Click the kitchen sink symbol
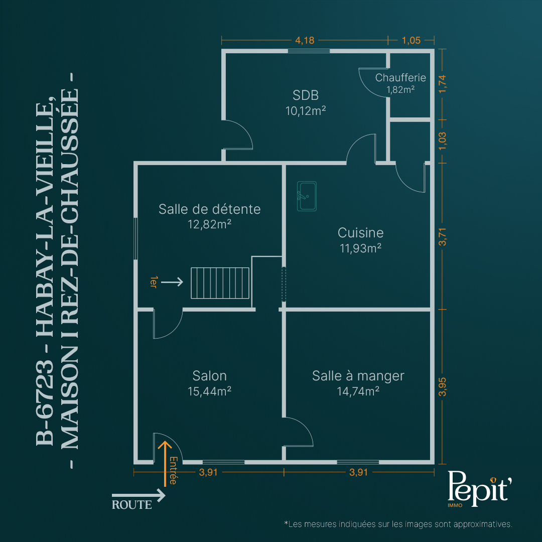pos(307,196)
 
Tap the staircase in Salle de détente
pos(220,283)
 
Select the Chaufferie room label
pos(400,78)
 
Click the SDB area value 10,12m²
pos(306,110)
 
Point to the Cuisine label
pos(360,233)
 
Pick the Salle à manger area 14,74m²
pos(358,391)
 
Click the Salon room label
pos(209,376)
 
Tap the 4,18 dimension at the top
pos(305,40)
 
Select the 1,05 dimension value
pos(411,40)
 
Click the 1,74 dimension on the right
pos(443,84)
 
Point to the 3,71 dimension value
pos(443,237)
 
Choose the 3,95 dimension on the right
pos(443,387)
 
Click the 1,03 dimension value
pos(443,141)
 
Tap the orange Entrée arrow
pos(165,463)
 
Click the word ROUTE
pos(131,505)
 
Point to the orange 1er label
pos(154,282)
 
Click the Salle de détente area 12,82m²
pos(209,224)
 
